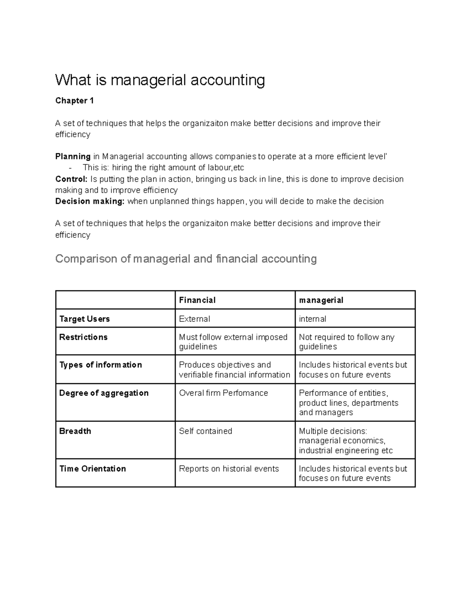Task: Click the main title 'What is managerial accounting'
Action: click(x=160, y=80)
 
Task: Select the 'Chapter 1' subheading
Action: click(x=74, y=101)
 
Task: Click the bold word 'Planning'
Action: click(x=73, y=157)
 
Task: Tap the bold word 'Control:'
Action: click(x=71, y=179)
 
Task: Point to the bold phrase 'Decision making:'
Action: click(x=90, y=201)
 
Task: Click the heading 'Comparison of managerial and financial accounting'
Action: click(x=186, y=259)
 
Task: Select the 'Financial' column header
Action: click(x=197, y=300)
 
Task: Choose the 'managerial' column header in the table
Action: click(x=321, y=300)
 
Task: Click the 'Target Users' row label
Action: click(x=84, y=319)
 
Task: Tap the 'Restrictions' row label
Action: click(x=83, y=337)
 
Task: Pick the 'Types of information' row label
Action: click(x=100, y=365)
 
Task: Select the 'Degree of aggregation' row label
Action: click(x=104, y=393)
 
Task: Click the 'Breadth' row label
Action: click(x=75, y=431)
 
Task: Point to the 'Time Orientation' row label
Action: click(x=92, y=469)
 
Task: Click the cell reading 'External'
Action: click(x=194, y=319)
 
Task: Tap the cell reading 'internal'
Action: click(x=312, y=319)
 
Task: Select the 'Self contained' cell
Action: click(x=205, y=431)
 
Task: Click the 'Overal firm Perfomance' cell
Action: click(x=223, y=393)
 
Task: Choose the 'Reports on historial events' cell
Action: click(x=229, y=469)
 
